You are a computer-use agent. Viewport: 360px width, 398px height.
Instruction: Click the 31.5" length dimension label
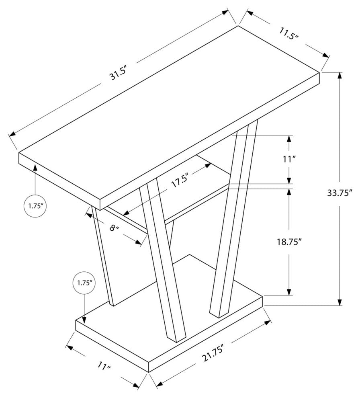tap(118, 74)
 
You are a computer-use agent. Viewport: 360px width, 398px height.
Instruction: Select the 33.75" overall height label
tap(340, 193)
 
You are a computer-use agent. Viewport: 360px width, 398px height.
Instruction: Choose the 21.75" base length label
tap(213, 353)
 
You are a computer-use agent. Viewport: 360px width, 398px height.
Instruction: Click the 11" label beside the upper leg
tap(290, 160)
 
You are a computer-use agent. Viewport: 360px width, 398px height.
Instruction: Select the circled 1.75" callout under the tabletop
tap(35, 206)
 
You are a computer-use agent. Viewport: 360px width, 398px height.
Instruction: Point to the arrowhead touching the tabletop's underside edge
tap(35, 168)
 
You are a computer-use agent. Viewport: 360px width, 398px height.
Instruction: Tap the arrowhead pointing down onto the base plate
tap(84, 320)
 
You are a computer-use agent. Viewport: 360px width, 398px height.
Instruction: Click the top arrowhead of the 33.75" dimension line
tap(340, 76)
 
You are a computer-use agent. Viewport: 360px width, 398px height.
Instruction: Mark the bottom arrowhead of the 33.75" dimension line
tap(340, 302)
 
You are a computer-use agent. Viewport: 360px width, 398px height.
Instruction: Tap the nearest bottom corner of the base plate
tap(148, 372)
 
